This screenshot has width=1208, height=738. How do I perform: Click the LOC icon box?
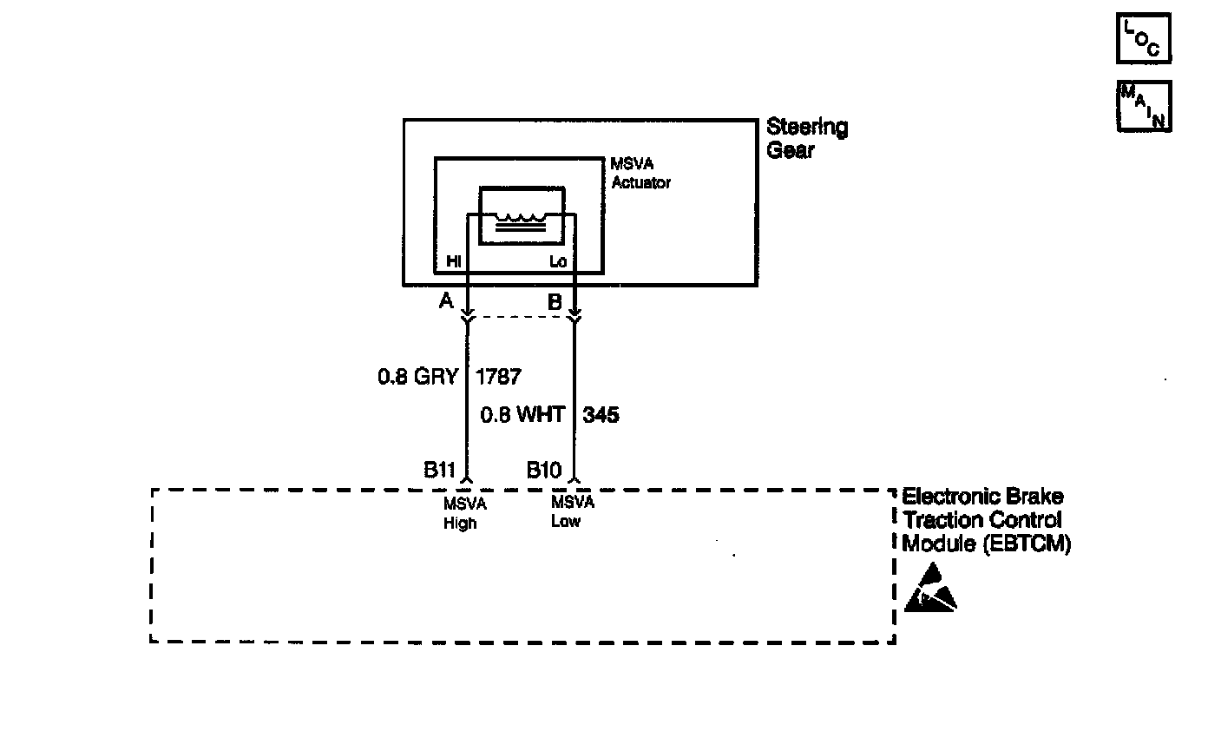(x=1144, y=38)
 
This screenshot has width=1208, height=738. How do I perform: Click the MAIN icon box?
(x=1144, y=106)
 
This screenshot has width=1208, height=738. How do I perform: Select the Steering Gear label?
(x=807, y=138)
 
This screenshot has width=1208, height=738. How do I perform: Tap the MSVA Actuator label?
(x=640, y=174)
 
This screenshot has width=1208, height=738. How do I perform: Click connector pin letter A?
(x=446, y=301)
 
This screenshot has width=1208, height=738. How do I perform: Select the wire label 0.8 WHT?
(x=522, y=415)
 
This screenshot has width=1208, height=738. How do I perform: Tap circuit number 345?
(x=601, y=415)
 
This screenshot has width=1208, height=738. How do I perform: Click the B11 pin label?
(x=439, y=470)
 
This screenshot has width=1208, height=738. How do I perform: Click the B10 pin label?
(x=544, y=470)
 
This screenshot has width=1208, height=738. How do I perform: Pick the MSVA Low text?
(x=572, y=511)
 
